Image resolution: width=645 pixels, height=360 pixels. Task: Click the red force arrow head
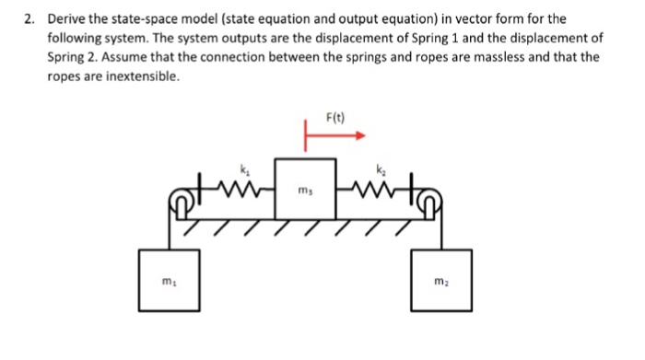360,134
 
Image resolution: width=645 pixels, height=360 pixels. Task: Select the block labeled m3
307,190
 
